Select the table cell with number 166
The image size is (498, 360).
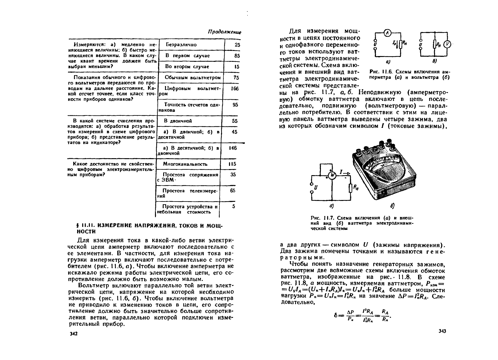tap(234, 88)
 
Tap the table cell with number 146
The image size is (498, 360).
tap(233, 148)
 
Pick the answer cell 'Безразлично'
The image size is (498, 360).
tap(181, 45)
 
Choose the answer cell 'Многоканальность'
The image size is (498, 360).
tap(185, 164)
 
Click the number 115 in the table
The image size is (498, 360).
tap(232, 164)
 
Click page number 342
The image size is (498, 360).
tap(74, 334)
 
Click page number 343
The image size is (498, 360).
tap(442, 331)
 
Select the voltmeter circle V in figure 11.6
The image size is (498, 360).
tap(447, 44)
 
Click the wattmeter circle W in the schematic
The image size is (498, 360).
tap(332, 175)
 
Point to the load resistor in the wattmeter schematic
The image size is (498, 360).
tap(351, 188)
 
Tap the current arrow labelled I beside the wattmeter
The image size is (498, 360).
tap(344, 173)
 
